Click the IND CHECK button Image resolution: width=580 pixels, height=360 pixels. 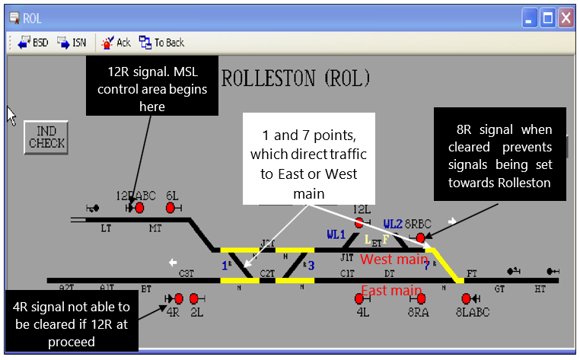[x=46, y=135]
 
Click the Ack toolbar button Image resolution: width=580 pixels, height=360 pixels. [x=116, y=43]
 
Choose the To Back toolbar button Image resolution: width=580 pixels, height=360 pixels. [x=161, y=43]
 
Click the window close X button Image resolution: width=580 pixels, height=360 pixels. [x=565, y=18]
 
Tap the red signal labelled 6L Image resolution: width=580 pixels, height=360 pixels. [x=170, y=207]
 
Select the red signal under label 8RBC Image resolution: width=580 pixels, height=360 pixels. [x=420, y=237]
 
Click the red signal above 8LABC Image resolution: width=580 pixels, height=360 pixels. [x=465, y=298]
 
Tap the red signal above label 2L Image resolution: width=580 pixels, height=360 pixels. [x=194, y=298]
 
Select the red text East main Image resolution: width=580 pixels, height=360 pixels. [x=390, y=290]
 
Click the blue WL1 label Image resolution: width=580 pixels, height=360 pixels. [x=336, y=234]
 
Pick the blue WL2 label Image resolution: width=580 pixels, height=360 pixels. [x=393, y=224]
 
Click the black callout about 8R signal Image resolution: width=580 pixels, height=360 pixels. [x=500, y=157]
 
